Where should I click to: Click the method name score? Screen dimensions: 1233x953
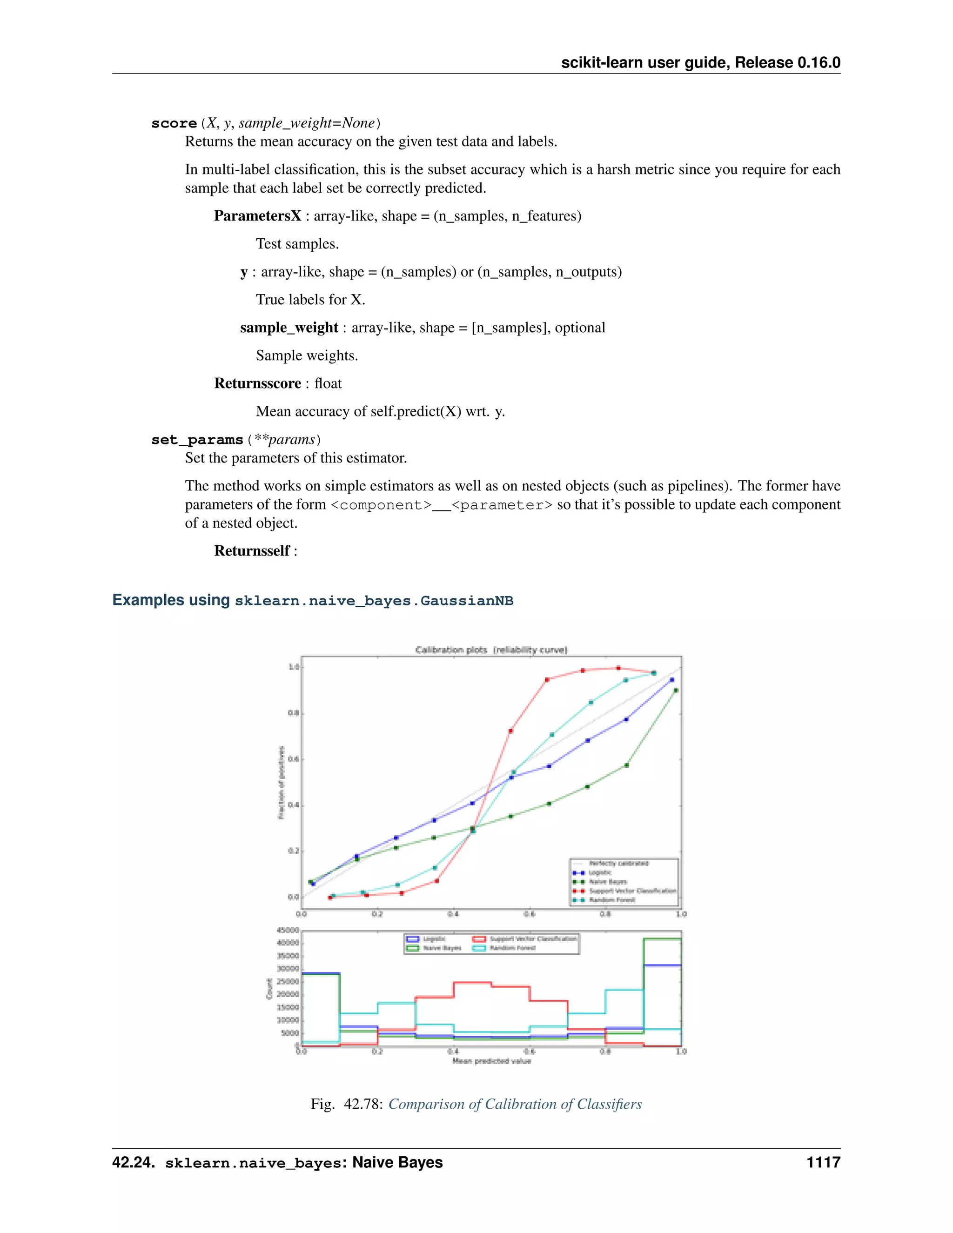coord(173,123)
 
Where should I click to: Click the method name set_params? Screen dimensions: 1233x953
coord(196,440)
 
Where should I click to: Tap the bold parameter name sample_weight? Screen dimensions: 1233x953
coord(289,328)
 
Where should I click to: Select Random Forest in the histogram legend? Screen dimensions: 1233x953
coord(512,948)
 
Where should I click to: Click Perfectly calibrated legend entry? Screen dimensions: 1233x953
coord(618,863)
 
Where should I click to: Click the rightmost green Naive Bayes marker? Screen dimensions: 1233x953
coord(676,690)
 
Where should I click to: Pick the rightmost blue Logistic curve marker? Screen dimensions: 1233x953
coord(671,680)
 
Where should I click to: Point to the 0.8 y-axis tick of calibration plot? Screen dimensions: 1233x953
coord(293,713)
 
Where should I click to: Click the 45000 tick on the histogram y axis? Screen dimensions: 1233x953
coord(288,930)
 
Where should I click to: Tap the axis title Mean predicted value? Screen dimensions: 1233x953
coord(491,1061)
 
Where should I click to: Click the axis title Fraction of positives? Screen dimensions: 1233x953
coord(281,782)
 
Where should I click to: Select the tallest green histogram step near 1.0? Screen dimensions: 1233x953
coord(662,938)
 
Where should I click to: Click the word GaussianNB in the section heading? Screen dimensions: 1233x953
coord(466,601)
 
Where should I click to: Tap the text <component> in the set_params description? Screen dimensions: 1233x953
coord(381,505)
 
